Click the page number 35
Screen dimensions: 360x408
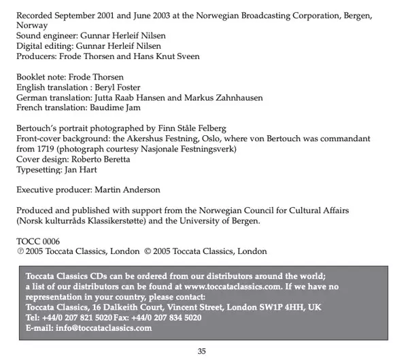tap(201, 351)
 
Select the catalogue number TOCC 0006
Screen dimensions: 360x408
tap(38, 241)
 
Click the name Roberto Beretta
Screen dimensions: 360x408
tap(105, 158)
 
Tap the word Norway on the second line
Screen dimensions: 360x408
tap(31, 26)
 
